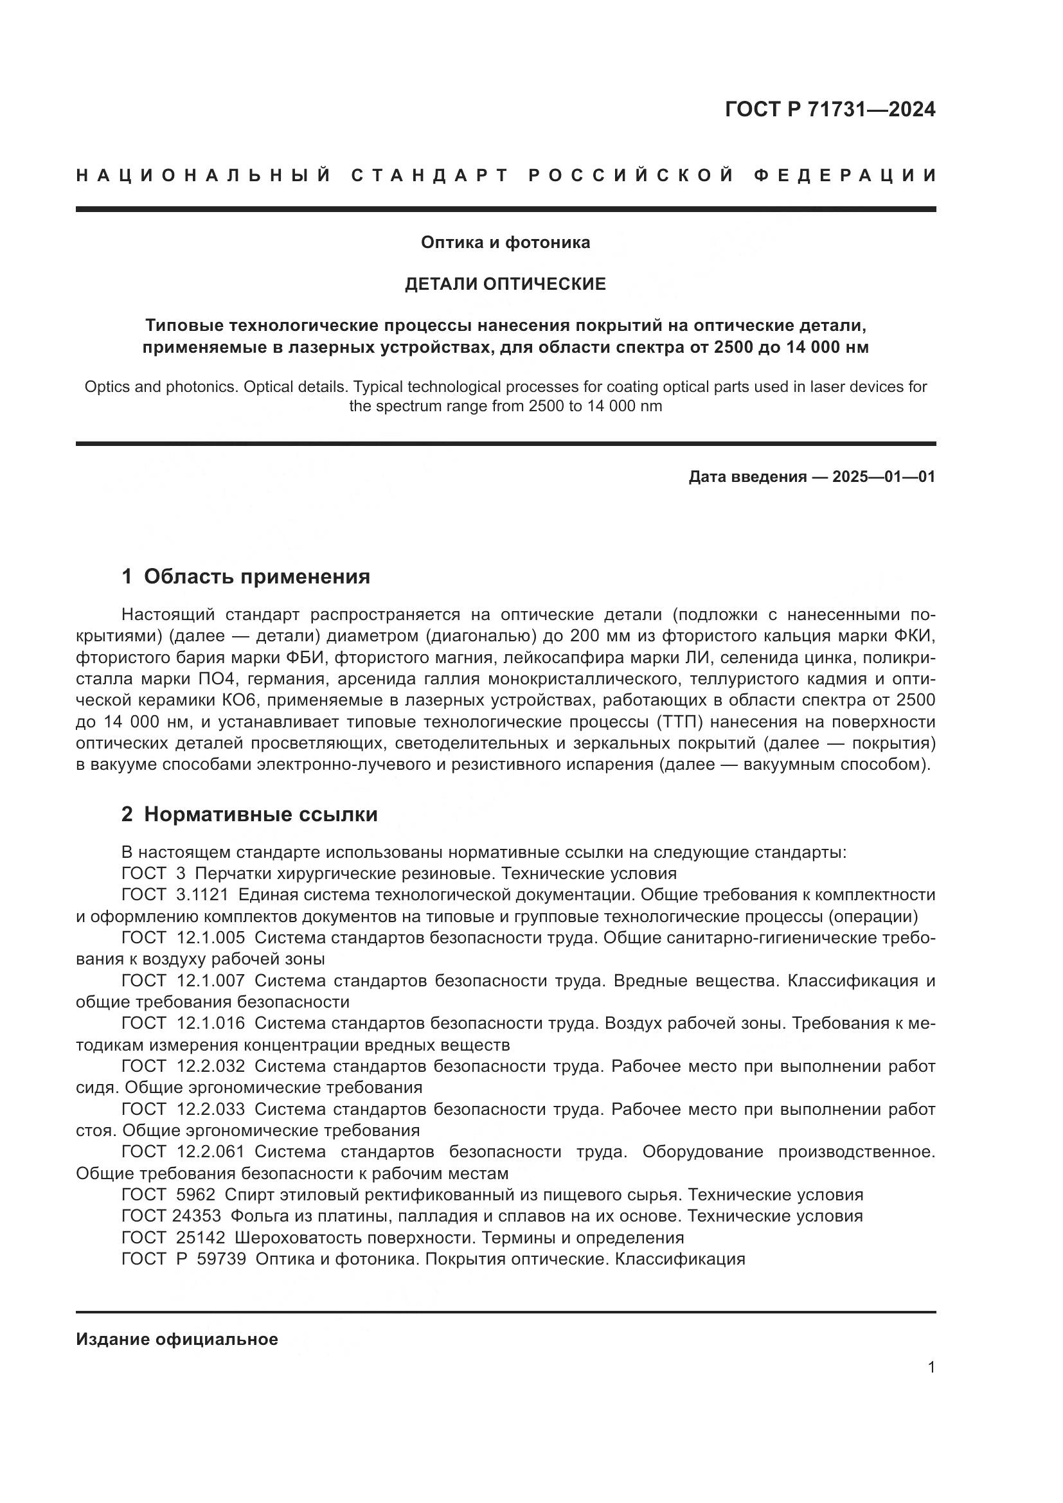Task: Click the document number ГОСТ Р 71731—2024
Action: coord(829,109)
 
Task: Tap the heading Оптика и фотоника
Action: coord(505,242)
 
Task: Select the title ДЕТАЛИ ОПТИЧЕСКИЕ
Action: coord(505,284)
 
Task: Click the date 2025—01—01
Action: coord(884,477)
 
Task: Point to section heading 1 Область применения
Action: coord(246,576)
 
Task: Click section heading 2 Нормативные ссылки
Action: coord(249,814)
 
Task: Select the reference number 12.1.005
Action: coord(211,938)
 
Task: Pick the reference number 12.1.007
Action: coord(211,981)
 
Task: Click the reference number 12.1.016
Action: coord(211,1023)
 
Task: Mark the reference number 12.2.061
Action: coord(210,1152)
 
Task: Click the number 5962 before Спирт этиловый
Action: coord(196,1195)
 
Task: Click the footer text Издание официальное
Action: coord(177,1339)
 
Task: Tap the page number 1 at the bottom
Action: coord(931,1367)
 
